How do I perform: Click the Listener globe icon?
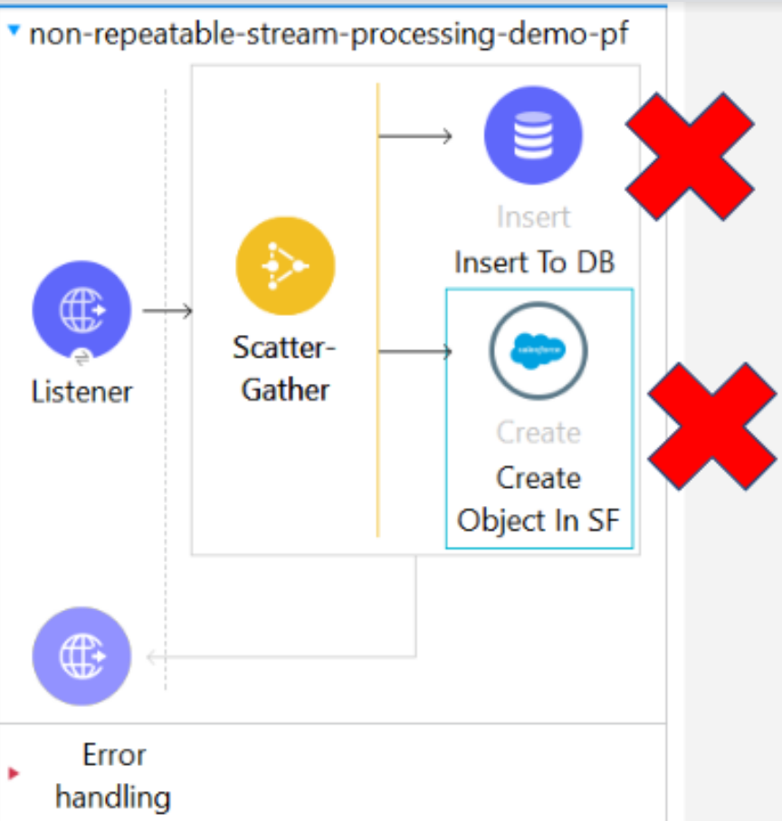(81, 310)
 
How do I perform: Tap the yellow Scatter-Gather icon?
(285, 266)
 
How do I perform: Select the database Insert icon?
(533, 135)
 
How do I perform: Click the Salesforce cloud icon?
(538, 350)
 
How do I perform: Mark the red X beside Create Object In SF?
(712, 426)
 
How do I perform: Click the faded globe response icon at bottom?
(81, 656)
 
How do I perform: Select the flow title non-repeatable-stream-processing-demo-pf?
(329, 35)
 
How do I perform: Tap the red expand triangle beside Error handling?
(14, 774)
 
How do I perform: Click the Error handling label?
(113, 776)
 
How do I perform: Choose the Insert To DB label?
(534, 263)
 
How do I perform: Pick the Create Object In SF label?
(538, 499)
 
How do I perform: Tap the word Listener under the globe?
(81, 392)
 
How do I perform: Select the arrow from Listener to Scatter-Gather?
(168, 311)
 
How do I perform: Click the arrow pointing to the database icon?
(415, 137)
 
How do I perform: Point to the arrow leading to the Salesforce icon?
(415, 351)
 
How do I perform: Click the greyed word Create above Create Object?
(538, 433)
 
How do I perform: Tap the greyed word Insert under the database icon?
(533, 217)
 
